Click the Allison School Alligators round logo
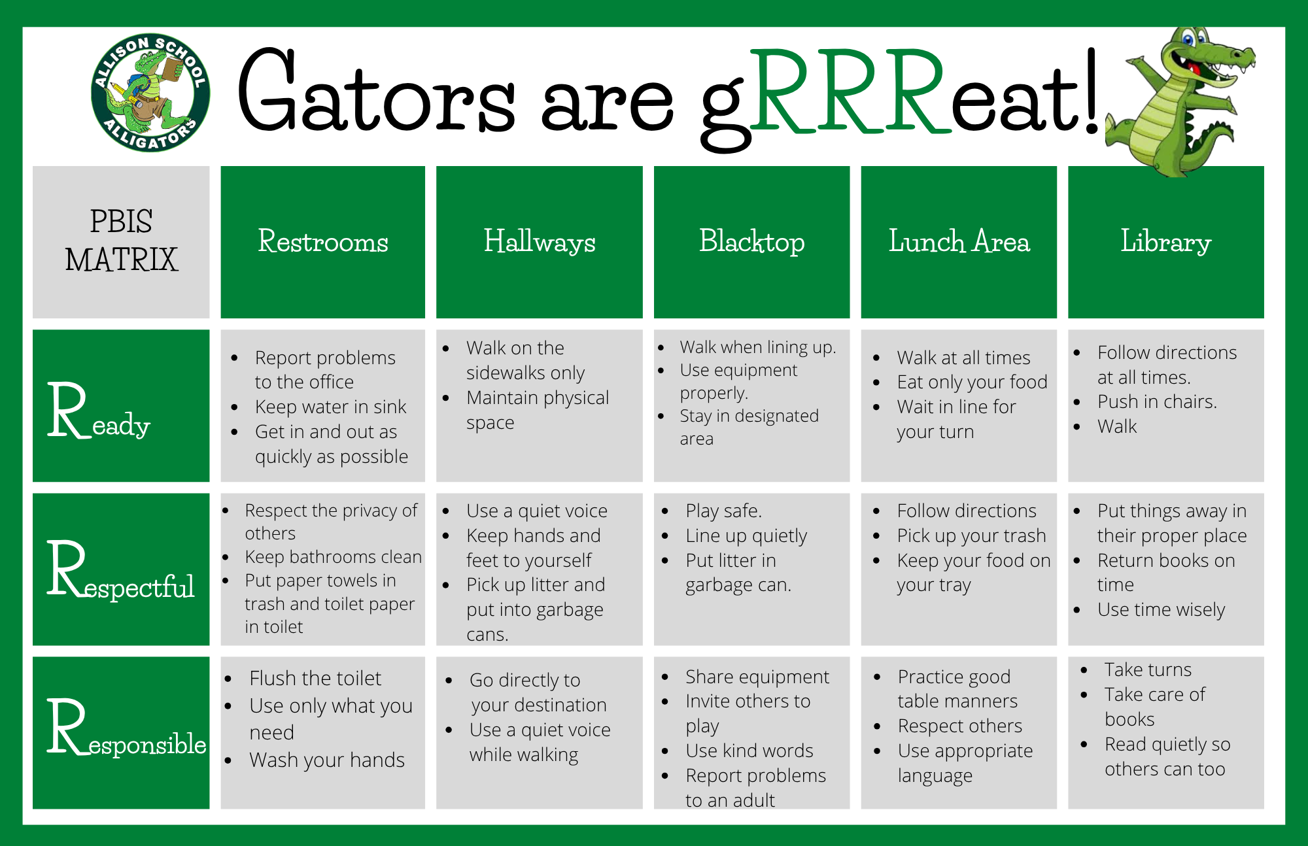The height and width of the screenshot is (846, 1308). tap(150, 92)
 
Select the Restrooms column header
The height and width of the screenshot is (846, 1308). tap(323, 242)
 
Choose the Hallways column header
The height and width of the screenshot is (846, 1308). tap(540, 242)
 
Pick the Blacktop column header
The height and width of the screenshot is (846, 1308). tap(752, 242)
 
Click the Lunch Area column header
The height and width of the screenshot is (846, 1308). tap(959, 242)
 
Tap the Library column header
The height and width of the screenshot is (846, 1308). tap(1166, 242)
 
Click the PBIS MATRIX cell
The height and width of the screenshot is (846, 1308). tap(121, 242)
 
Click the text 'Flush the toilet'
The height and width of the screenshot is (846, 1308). tap(315, 678)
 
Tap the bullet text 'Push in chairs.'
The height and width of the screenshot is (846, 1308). tap(1157, 401)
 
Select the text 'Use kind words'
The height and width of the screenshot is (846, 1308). tap(749, 751)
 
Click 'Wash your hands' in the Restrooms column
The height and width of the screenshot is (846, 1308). tap(327, 760)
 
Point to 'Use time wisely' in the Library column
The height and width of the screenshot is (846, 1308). tap(1161, 609)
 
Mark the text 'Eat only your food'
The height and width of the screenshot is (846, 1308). tap(972, 382)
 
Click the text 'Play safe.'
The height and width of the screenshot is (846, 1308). tap(723, 511)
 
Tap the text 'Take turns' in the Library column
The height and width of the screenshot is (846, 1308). tap(1148, 669)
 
